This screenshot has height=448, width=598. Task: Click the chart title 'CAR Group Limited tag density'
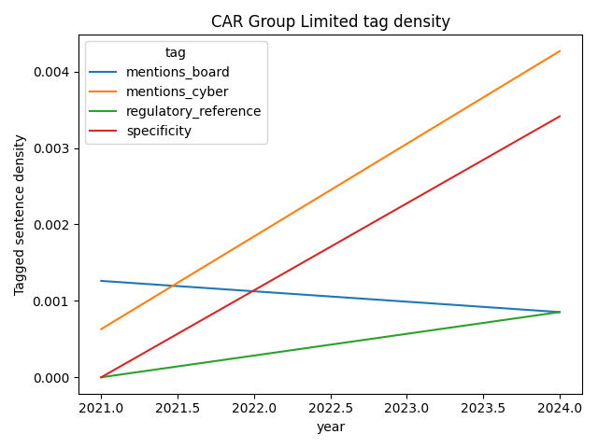click(x=330, y=21)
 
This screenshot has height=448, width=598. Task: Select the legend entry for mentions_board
click(x=178, y=72)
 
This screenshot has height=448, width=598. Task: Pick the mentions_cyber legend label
click(x=178, y=91)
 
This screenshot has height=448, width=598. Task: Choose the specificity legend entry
click(x=159, y=131)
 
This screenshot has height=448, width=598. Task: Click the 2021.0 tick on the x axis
click(x=101, y=408)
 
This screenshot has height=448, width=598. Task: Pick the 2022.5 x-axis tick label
click(x=331, y=408)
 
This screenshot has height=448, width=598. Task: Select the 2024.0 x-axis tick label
click(x=560, y=408)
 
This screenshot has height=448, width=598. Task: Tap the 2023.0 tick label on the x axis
click(x=407, y=408)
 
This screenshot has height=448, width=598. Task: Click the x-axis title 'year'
click(x=330, y=427)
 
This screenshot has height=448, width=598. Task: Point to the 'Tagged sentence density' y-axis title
click(x=20, y=215)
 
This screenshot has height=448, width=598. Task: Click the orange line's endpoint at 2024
click(x=560, y=51)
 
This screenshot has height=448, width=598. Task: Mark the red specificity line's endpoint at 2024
click(x=560, y=117)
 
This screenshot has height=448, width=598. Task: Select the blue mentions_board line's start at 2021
click(x=101, y=281)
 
